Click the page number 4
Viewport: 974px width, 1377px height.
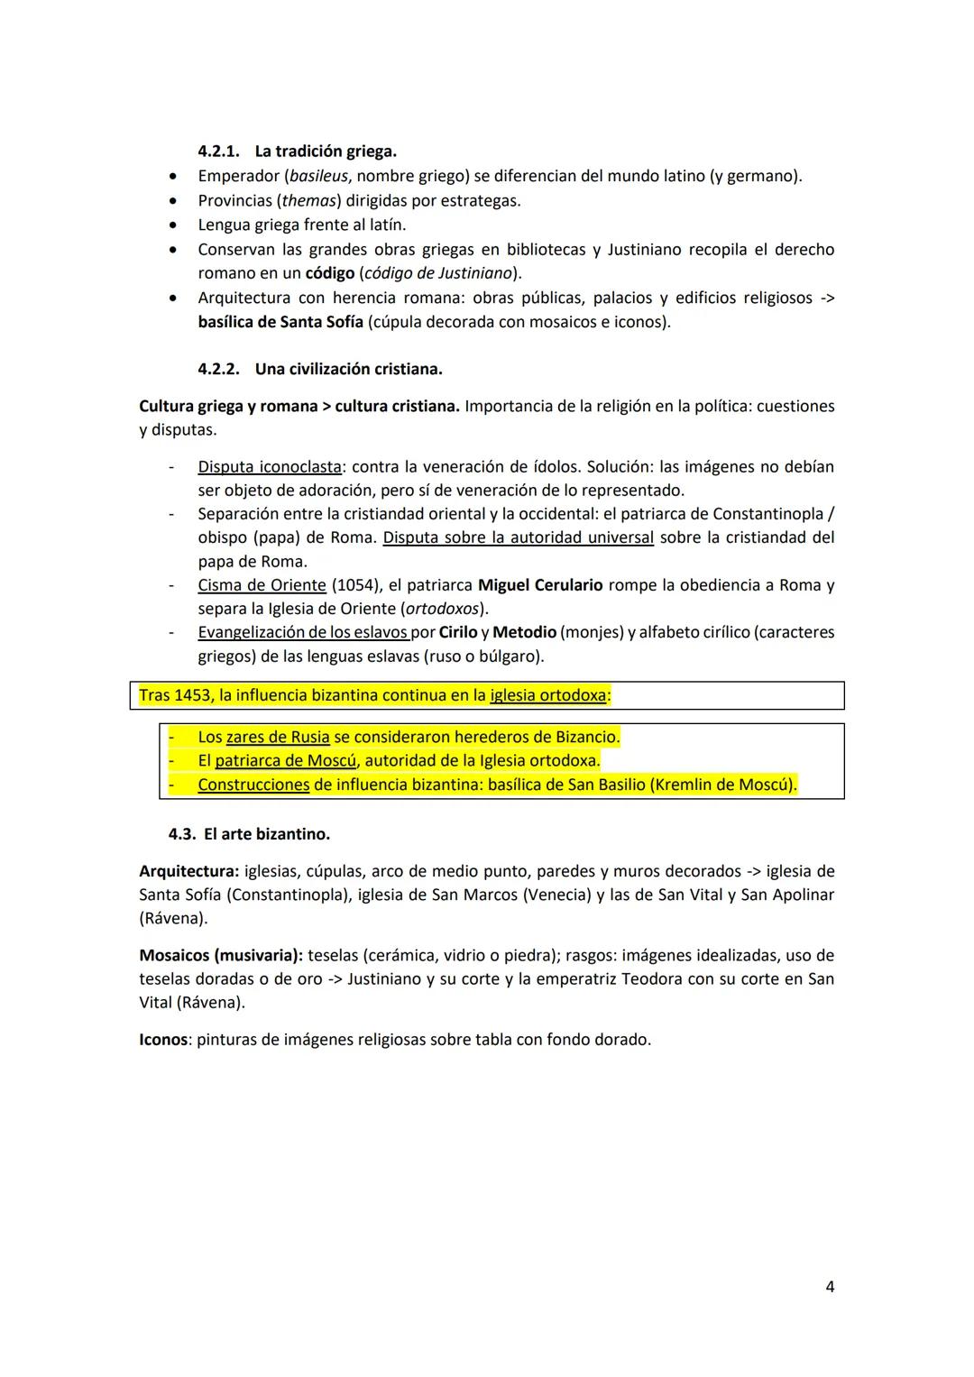click(829, 1287)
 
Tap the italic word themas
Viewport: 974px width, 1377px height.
click(307, 200)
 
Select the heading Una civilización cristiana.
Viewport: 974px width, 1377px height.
click(348, 369)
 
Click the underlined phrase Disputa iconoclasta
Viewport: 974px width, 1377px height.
click(269, 467)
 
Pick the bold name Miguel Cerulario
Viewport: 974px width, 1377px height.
click(539, 585)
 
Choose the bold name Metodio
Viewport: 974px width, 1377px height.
click(524, 632)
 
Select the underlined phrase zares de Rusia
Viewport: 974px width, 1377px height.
click(277, 737)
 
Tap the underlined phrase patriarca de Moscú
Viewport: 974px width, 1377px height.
click(285, 760)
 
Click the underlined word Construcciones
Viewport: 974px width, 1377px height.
click(253, 785)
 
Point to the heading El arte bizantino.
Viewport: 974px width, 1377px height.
click(266, 834)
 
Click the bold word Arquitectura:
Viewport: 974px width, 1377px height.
click(188, 871)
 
